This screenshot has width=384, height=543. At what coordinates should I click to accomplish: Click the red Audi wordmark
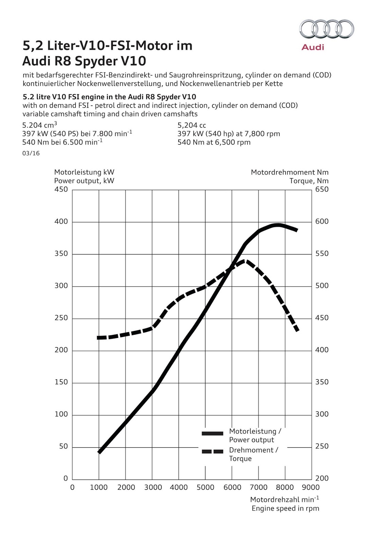point(313,47)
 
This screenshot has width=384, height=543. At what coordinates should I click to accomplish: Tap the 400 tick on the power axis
point(61,222)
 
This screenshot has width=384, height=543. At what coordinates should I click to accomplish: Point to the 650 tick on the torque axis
point(322,189)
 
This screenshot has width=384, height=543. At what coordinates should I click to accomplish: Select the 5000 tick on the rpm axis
point(205,488)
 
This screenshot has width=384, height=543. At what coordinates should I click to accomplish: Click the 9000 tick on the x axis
point(311,488)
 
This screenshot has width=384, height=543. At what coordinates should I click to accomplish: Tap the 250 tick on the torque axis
point(322,446)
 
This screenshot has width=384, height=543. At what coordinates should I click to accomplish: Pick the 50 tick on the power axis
point(63,447)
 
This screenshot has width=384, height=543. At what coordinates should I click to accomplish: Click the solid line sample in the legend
point(213,433)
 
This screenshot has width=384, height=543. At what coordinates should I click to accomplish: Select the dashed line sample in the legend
point(213,451)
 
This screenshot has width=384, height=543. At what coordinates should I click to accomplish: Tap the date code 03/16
point(31,153)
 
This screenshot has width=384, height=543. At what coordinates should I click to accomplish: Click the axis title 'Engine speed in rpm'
point(285,508)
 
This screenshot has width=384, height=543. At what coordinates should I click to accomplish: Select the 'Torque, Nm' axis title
point(309,181)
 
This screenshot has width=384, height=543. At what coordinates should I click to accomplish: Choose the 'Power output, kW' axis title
point(84,181)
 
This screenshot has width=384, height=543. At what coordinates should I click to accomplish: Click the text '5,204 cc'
point(192,125)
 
